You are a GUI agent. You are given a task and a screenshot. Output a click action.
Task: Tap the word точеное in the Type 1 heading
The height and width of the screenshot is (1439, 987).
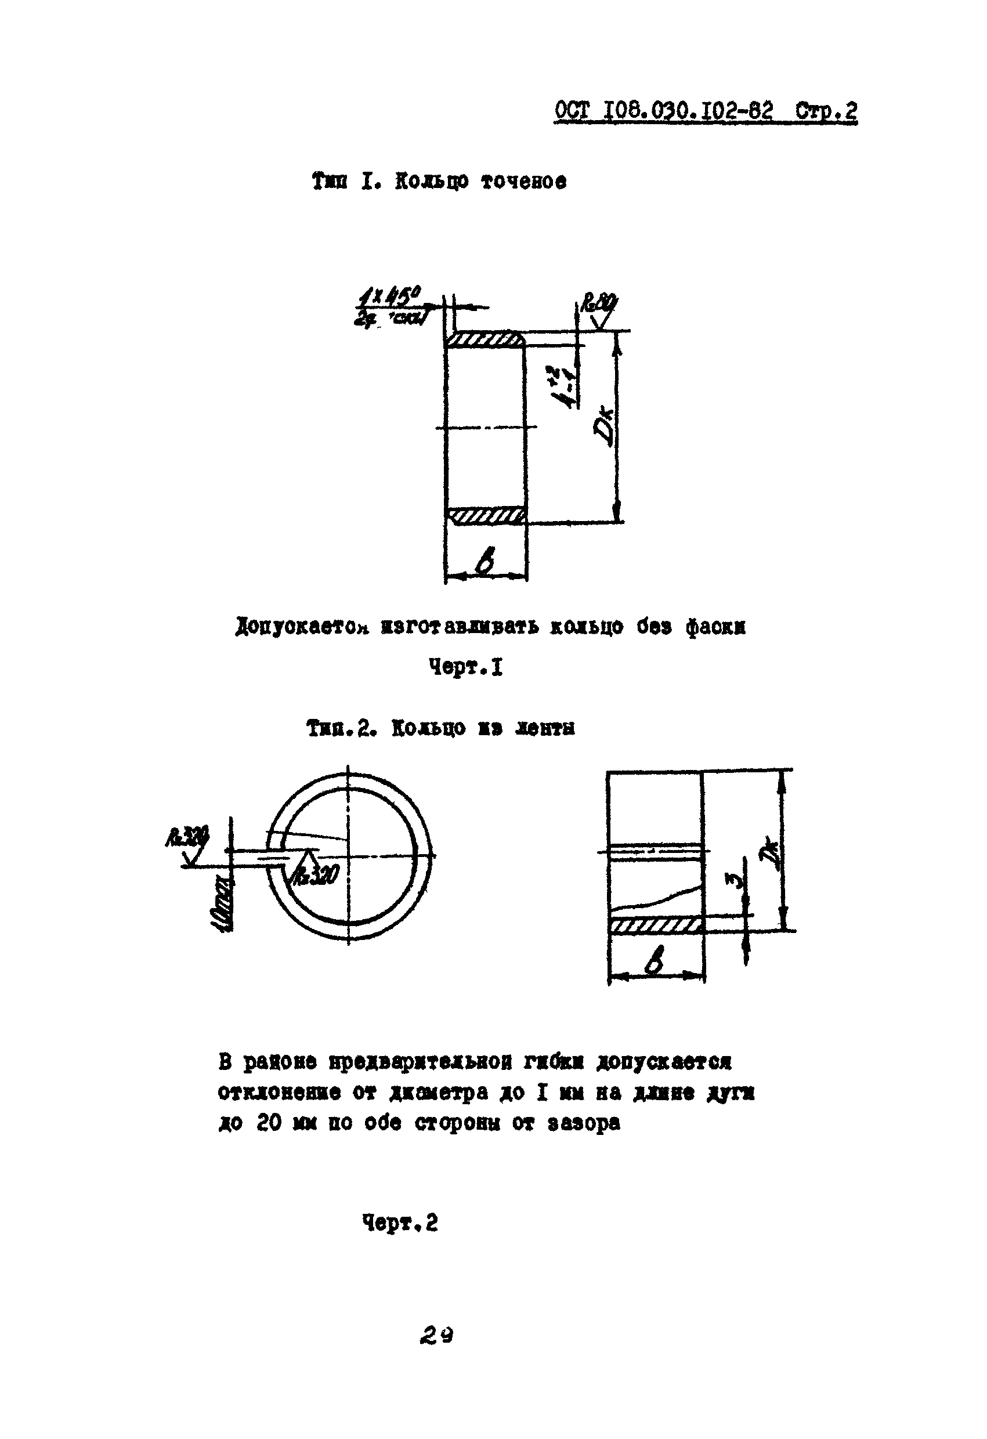(523, 182)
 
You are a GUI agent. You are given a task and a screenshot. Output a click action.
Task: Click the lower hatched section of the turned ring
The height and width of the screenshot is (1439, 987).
(486, 516)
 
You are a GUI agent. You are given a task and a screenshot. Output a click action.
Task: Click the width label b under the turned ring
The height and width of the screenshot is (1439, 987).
(486, 563)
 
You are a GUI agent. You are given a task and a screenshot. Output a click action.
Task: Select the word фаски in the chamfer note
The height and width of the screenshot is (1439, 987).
(715, 627)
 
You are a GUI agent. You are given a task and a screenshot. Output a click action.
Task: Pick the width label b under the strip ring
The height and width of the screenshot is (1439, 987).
(655, 962)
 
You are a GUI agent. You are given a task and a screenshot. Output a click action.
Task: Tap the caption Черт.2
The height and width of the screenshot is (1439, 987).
(400, 1223)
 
